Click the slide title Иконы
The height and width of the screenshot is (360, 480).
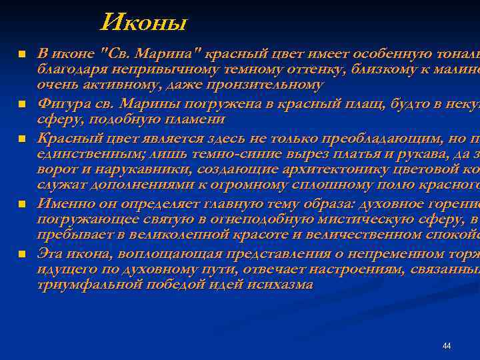coord(144,24)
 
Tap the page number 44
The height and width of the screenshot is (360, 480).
coord(447,345)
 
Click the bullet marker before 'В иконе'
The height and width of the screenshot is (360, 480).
coord(21,54)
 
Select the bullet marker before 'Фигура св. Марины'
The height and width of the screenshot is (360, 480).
coord(21,105)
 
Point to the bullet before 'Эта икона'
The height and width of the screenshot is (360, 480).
coord(21,254)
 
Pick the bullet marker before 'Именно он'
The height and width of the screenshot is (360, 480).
coord(21,203)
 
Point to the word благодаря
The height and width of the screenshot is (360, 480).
coord(67,69)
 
